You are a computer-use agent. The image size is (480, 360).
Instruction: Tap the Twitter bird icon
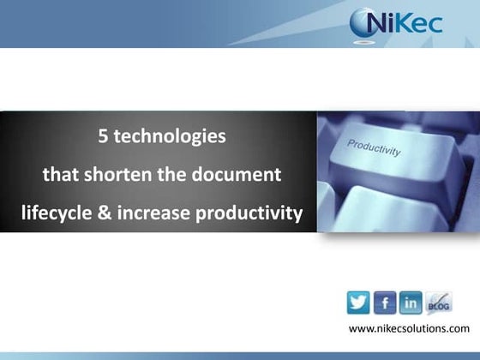[358, 303]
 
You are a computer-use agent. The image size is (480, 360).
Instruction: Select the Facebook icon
[385, 303]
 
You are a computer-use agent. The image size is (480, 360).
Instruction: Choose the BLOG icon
[438, 303]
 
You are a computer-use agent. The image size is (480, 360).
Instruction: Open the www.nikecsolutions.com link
[409, 329]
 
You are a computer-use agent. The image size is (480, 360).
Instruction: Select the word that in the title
[60, 176]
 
